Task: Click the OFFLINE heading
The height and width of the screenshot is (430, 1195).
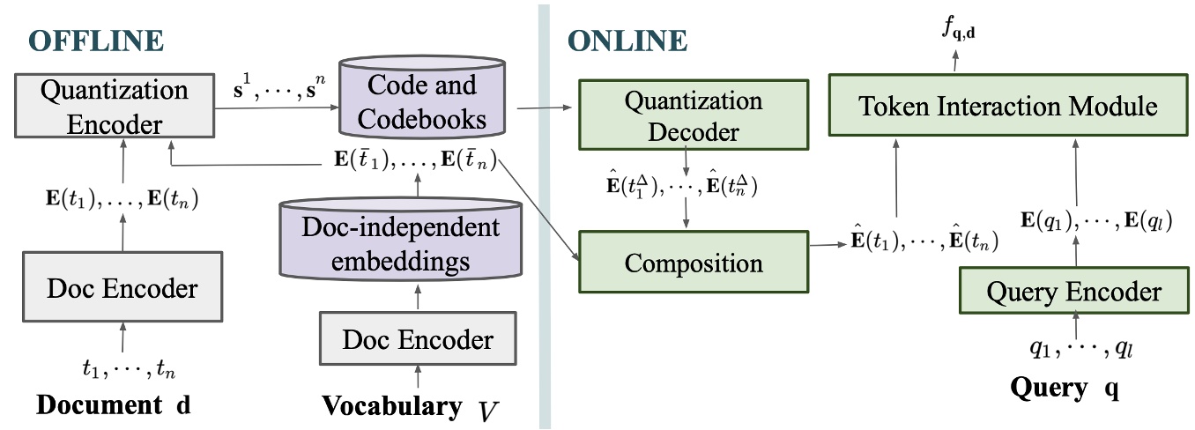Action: (x=96, y=41)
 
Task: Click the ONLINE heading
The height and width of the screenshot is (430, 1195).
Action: (x=627, y=41)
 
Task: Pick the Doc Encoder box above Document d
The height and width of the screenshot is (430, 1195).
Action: (x=122, y=288)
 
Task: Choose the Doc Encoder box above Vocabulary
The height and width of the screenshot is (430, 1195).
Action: (x=418, y=338)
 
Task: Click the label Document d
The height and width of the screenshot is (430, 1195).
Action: (x=113, y=406)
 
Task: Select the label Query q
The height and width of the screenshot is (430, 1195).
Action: (x=1065, y=387)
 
